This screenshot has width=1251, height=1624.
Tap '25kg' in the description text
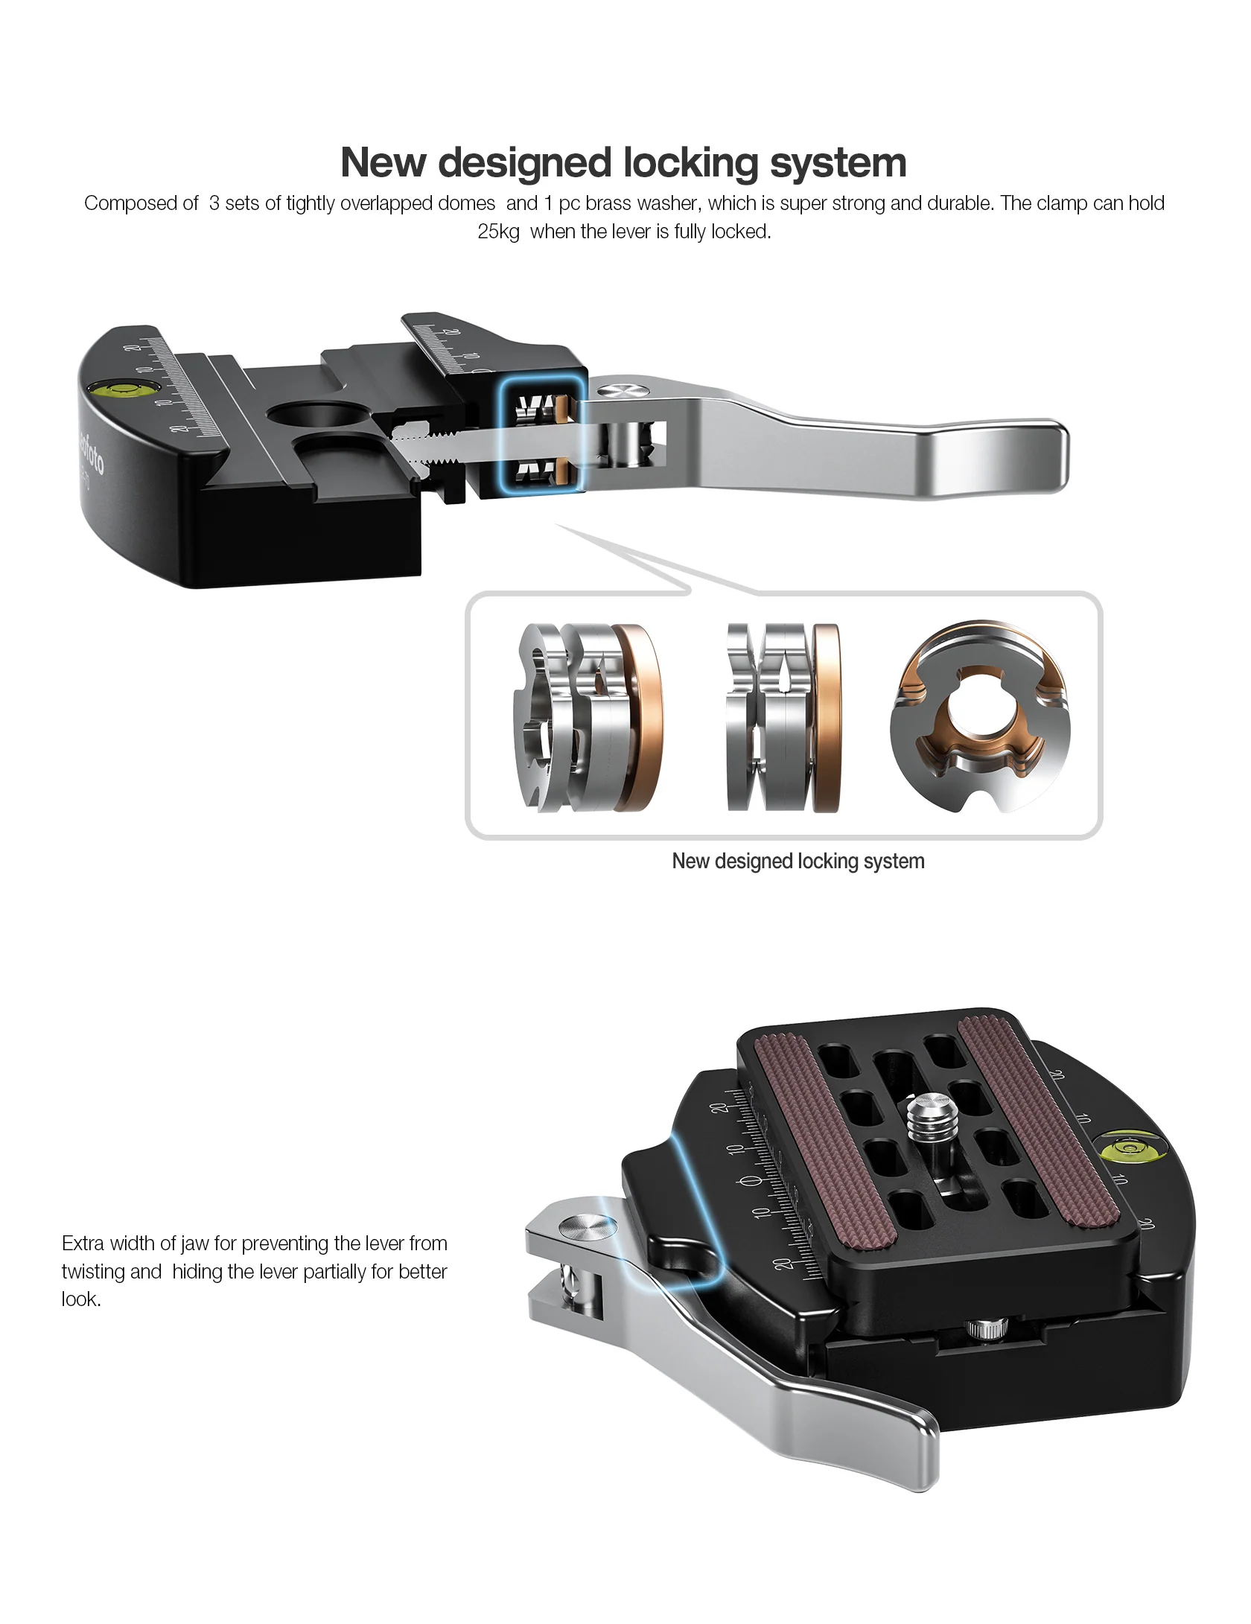tap(498, 232)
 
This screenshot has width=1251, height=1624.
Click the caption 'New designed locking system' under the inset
tap(798, 861)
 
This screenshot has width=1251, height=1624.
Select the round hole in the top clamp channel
tap(313, 413)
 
